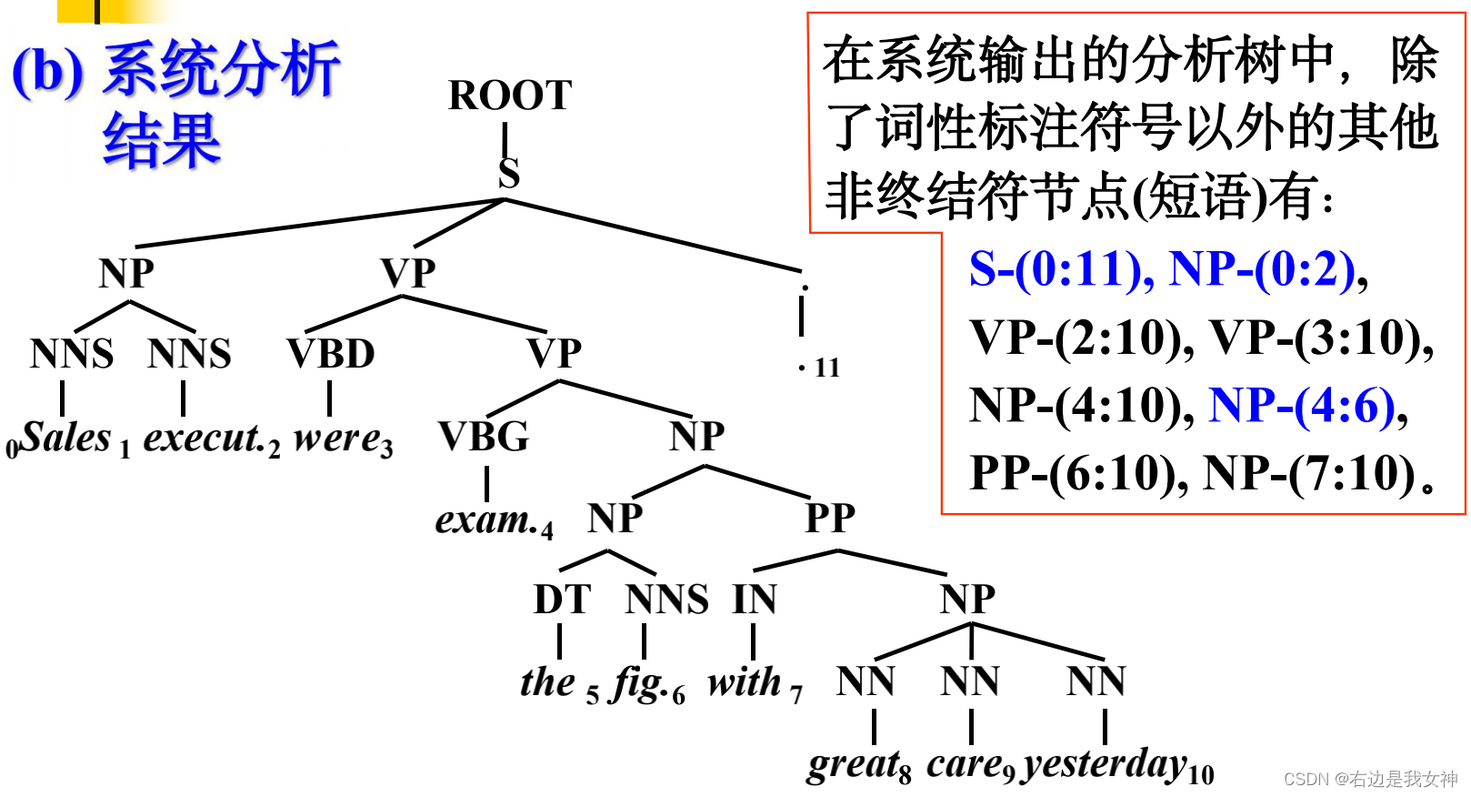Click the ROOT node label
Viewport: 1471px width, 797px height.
coord(510,96)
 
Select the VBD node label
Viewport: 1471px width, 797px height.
coord(331,354)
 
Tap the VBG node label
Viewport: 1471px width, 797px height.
coord(484,437)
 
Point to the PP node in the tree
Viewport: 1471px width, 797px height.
coord(830,518)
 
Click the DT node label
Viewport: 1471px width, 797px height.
coord(562,600)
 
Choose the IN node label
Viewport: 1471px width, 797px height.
coord(755,600)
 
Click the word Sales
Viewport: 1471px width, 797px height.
coord(65,438)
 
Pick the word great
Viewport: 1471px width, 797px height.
coord(851,764)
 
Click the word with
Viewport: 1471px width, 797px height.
coord(745,682)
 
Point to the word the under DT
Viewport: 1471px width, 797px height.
coord(547,682)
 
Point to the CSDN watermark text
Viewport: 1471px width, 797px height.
coord(1370,779)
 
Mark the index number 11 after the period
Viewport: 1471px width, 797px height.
coord(827,368)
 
